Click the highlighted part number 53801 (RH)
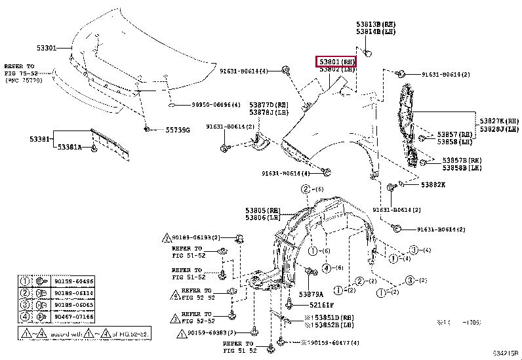(x=336, y=61)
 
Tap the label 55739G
(x=177, y=130)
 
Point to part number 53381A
(x=69, y=147)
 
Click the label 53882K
(x=432, y=184)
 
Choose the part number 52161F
(x=321, y=305)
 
